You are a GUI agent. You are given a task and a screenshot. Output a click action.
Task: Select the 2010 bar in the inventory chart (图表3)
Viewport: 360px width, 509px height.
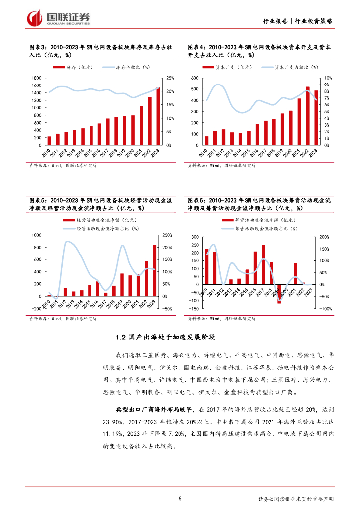point(49,141)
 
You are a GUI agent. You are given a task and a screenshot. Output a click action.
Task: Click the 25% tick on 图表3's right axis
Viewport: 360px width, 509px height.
point(170,78)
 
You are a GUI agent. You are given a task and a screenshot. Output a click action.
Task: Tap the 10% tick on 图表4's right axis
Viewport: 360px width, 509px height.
point(328,78)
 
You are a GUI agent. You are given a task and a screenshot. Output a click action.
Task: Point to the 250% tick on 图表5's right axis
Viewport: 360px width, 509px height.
point(167,235)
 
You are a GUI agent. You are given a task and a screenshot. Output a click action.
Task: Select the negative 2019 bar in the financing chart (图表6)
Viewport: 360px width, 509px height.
point(279,294)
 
